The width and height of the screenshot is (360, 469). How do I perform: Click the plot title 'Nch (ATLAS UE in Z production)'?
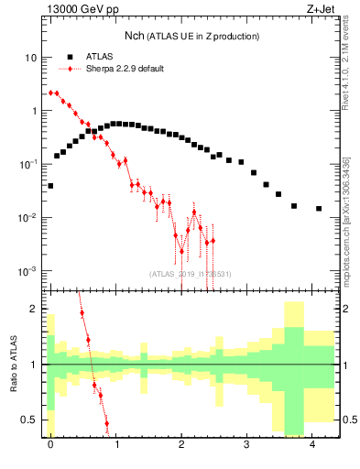[x=192, y=36]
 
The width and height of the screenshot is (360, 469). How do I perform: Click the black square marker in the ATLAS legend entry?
[x=70, y=56]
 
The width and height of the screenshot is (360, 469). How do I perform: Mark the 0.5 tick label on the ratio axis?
[x=30, y=420]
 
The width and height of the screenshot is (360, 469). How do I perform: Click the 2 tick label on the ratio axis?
[x=34, y=309]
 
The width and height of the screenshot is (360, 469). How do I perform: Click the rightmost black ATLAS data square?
[x=319, y=209]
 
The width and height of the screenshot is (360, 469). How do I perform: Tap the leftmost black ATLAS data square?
[x=50, y=186]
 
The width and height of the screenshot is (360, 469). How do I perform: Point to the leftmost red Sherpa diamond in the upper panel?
[x=50, y=93]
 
